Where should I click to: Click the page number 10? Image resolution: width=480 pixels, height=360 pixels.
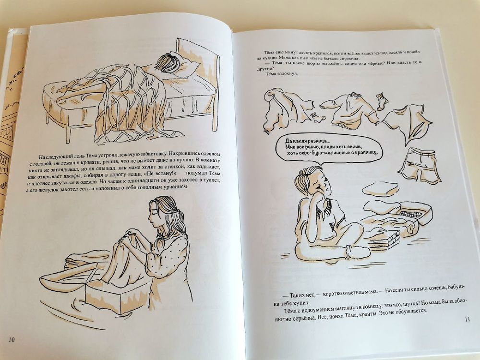pos(12,339)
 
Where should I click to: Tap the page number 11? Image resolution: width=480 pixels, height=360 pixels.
pos(467,320)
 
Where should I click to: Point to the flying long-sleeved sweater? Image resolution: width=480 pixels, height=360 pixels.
pos(349,110)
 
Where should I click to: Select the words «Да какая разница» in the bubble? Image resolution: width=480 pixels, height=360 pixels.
pos(306,141)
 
